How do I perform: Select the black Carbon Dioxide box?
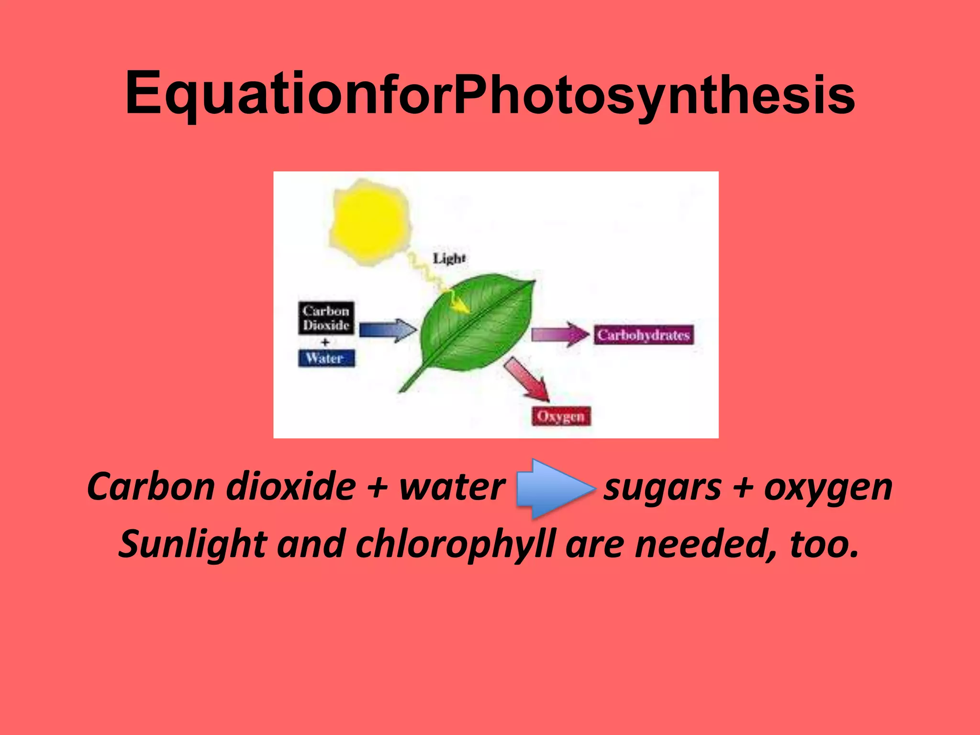[x=326, y=318]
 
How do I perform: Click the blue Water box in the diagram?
[x=326, y=358]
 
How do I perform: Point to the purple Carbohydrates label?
[x=643, y=335]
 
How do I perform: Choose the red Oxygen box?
[x=561, y=416]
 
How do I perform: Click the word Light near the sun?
[x=449, y=258]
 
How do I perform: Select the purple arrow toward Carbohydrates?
[x=560, y=334]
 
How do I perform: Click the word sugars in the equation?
[x=662, y=488]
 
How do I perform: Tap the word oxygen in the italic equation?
[x=828, y=488]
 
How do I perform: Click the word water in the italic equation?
[x=452, y=487]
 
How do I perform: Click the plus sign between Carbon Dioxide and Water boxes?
[x=325, y=342]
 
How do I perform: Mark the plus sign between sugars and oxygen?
[x=743, y=488]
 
